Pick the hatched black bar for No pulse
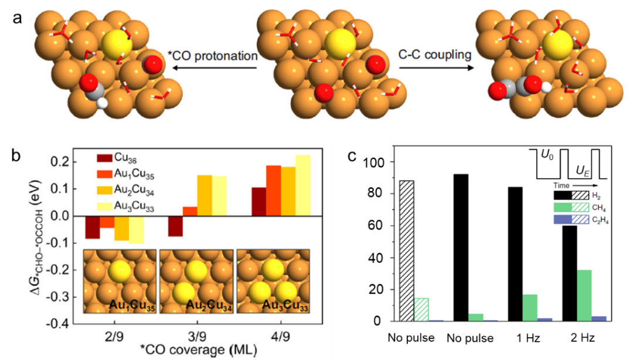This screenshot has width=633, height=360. [x=406, y=251]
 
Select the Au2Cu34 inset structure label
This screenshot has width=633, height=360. [x=198, y=305]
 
